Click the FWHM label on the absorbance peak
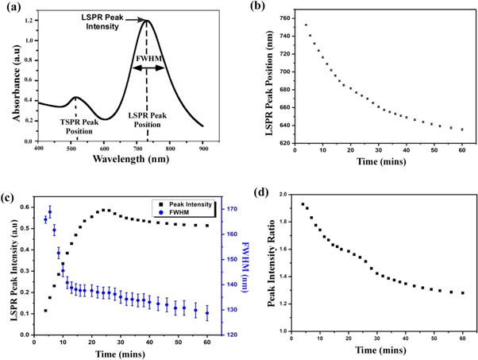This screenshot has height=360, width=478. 147,60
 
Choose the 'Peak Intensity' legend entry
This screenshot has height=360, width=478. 179,204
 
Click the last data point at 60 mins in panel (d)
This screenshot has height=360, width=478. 462,293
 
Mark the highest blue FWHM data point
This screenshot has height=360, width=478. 50,212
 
